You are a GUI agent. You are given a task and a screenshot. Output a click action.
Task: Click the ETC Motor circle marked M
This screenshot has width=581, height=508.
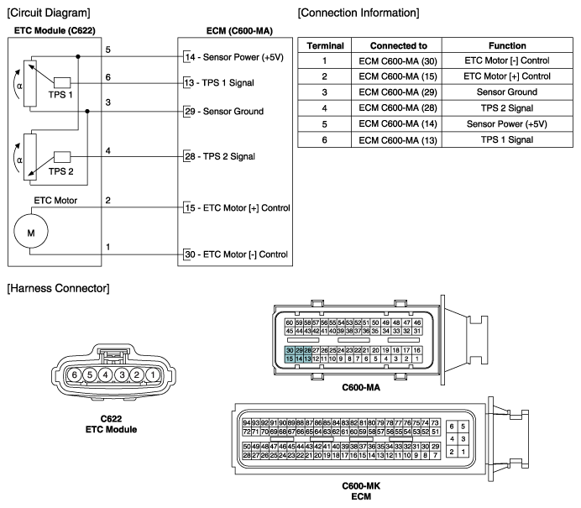pos(31,231)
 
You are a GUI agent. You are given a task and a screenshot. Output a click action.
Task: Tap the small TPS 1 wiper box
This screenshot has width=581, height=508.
pos(62,82)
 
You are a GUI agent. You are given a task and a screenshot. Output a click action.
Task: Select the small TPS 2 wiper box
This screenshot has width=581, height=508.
pos(62,157)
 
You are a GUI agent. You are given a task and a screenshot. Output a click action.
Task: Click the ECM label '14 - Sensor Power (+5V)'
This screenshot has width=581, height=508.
pos(234,57)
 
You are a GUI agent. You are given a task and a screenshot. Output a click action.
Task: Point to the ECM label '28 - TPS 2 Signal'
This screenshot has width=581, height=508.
pos(220,156)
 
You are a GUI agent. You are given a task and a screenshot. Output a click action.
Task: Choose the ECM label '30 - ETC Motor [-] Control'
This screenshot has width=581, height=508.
pos(237,254)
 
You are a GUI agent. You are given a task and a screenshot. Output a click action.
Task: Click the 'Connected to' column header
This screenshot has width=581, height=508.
pos(398,45)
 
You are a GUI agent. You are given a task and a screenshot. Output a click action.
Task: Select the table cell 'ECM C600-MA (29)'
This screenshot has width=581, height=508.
pos(398,92)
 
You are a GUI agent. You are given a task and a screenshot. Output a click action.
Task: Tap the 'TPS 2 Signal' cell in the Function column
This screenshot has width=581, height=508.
pos(507,108)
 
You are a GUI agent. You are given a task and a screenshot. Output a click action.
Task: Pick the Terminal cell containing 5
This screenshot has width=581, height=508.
pos(325,124)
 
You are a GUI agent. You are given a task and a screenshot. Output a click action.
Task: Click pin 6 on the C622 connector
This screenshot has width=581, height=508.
pos(74,375)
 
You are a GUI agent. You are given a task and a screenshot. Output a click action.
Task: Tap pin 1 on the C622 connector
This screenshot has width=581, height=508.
pos(153,375)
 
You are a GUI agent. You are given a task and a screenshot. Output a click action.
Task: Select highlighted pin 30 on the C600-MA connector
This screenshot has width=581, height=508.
pos(290,350)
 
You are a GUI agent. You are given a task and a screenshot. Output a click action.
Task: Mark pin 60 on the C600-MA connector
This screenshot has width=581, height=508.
pos(290,322)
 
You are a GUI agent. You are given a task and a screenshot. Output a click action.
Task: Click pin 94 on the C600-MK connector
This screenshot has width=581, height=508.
pos(247,423)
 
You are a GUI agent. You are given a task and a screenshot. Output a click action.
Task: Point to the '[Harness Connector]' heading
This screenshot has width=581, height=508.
pos(58,288)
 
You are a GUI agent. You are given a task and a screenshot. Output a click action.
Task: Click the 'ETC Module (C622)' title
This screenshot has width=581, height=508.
pos(55,30)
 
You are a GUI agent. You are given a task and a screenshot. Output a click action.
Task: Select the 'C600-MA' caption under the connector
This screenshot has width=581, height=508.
pos(361,388)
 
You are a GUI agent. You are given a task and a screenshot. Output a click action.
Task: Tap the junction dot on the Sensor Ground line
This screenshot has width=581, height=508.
pos(87,111)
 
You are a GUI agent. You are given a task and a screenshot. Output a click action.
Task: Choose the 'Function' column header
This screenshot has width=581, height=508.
pos(507,45)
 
